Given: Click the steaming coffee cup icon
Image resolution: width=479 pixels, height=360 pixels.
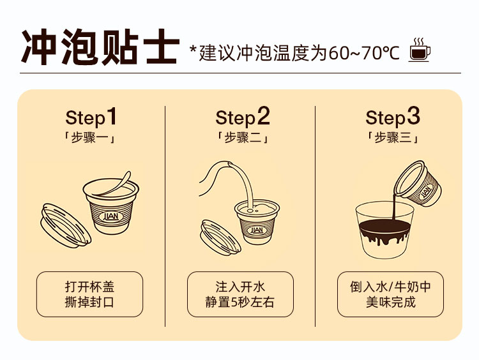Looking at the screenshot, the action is (x=420, y=49).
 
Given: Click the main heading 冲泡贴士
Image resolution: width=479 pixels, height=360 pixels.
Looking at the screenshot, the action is (x=100, y=47).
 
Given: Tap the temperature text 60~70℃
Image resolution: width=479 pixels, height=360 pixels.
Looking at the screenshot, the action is (x=364, y=53).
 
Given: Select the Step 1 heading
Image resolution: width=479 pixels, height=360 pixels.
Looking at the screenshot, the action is (x=91, y=117).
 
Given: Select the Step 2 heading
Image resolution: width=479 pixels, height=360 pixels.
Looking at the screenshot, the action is (x=243, y=117).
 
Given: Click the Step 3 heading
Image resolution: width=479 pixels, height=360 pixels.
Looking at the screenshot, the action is (x=393, y=117).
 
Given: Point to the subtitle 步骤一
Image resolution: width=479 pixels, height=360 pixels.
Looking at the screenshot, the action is (x=90, y=138).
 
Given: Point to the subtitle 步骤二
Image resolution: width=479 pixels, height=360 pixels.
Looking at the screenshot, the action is (x=243, y=138).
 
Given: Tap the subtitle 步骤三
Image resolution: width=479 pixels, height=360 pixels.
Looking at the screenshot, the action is (x=393, y=138).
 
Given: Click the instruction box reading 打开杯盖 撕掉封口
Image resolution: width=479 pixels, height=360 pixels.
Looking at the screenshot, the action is (x=89, y=294).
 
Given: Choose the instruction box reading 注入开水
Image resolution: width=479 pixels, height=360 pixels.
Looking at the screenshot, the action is (x=240, y=294).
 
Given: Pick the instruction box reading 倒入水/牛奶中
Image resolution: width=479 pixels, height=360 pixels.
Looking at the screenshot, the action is (x=390, y=294).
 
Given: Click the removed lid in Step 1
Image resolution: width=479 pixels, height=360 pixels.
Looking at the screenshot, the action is (x=66, y=225).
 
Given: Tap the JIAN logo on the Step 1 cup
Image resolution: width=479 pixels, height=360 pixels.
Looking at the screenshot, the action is (x=111, y=216).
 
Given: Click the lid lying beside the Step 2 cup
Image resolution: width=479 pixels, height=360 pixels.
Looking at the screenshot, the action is (x=220, y=237).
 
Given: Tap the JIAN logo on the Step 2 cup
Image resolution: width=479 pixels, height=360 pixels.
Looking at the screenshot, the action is (x=257, y=230).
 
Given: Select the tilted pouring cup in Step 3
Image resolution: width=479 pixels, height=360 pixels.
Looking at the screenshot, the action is (x=418, y=184).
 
